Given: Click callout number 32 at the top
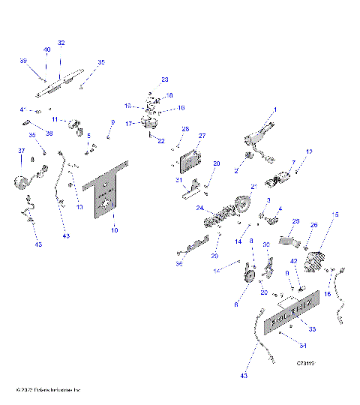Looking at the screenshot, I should (61, 43).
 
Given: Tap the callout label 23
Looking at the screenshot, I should (165, 79).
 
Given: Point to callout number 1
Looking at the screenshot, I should (274, 110).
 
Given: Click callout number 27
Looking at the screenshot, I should (201, 136).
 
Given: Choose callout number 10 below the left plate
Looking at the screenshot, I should (114, 231).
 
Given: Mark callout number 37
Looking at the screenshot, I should (22, 151).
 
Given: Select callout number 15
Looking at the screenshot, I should (335, 214).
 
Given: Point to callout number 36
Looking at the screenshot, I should (178, 263).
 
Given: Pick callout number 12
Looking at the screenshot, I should (309, 152).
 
